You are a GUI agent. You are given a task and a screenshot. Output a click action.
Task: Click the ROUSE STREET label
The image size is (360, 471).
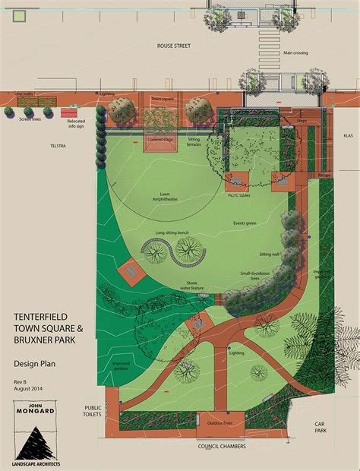click(174, 46)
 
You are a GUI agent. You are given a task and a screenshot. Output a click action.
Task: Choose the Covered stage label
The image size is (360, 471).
click(160, 140)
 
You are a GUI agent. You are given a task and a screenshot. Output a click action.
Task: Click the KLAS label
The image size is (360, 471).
click(349, 135)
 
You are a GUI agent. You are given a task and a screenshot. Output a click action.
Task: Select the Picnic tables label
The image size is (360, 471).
click(238, 195)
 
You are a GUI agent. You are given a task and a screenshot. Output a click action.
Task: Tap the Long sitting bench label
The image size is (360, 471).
click(171, 232)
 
